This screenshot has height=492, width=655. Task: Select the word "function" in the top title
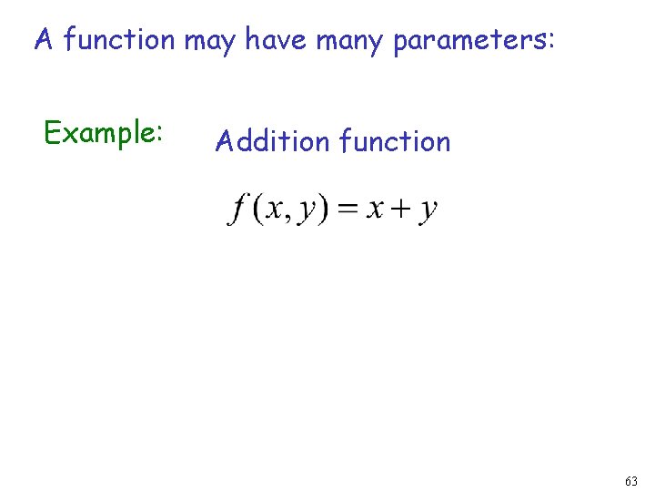119,40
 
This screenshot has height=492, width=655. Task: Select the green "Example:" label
104,133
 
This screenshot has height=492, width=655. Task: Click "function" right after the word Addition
394,141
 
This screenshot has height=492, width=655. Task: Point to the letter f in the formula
239,210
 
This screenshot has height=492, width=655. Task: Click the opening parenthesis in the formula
258,210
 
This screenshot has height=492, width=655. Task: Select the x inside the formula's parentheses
275,210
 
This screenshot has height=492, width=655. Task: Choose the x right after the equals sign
374,210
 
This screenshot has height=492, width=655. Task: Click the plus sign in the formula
400,210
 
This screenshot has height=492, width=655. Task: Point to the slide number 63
631,480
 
